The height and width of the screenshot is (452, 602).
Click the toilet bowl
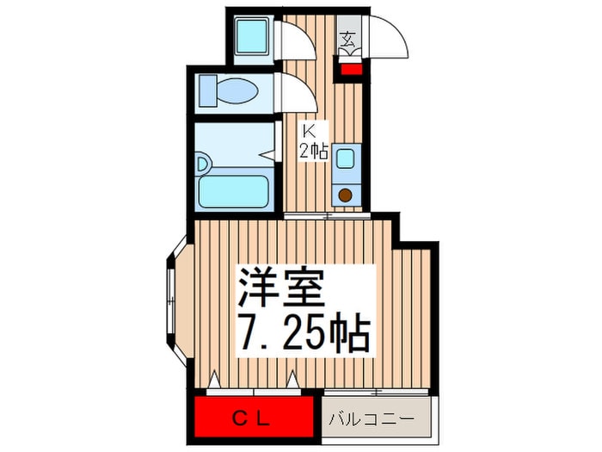pyautogui.click(x=236, y=91)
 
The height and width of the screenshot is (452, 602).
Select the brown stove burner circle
pyautogui.click(x=346, y=195)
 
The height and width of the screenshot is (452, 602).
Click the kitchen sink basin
pyautogui.click(x=346, y=158)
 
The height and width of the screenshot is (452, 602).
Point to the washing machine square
pyautogui.click(x=251, y=36)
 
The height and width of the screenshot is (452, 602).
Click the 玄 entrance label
pyautogui.click(x=347, y=39)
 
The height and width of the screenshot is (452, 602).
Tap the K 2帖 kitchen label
pyautogui.click(x=314, y=141)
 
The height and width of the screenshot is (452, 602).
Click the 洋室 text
pyautogui.click(x=281, y=287)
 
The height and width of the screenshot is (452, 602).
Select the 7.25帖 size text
pyautogui.click(x=304, y=333)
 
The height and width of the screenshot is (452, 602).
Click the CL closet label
pyautogui.click(x=251, y=419)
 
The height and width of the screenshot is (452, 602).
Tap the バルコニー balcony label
pyautogui.click(x=372, y=418)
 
